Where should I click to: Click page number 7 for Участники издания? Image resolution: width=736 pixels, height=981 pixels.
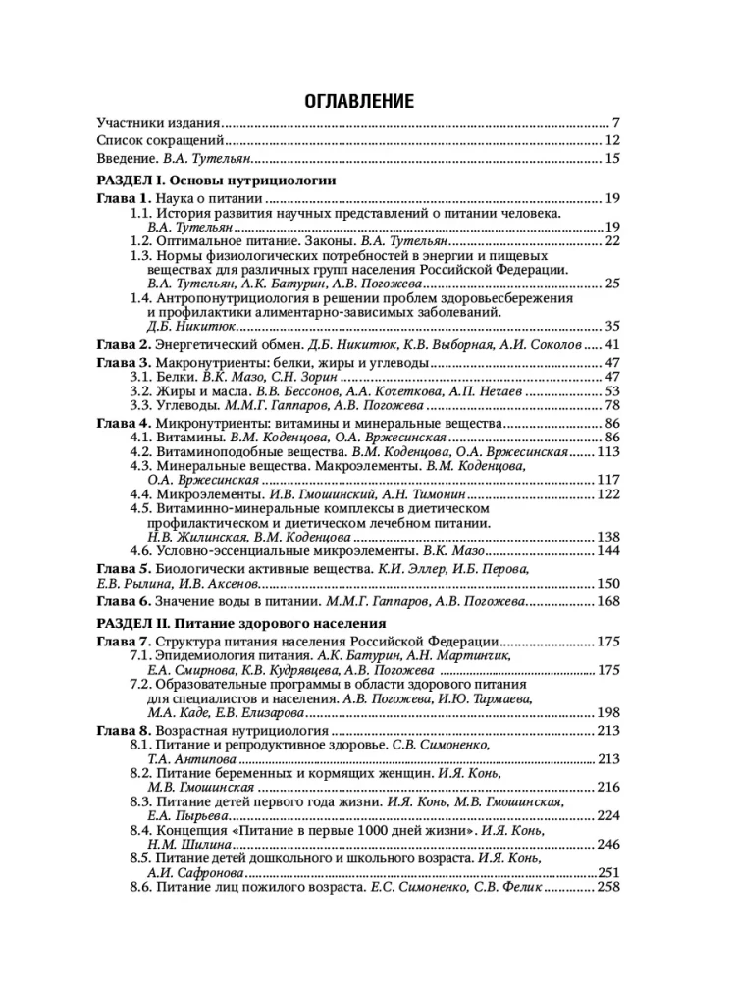pos(615,123)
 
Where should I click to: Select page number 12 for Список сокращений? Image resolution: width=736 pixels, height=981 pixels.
pos(612,140)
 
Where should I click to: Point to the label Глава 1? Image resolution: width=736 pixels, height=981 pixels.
pos(123,199)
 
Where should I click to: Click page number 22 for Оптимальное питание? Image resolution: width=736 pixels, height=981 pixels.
pos(612,240)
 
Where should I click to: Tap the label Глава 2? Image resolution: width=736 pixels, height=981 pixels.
pos(123,345)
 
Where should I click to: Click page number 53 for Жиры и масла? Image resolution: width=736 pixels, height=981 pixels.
pos(612,391)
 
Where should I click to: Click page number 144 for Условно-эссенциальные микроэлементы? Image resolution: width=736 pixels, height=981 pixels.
pos(609,552)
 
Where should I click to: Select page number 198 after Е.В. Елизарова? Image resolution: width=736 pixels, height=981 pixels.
pos(609,712)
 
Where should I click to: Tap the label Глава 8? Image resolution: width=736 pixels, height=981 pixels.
pos(123,731)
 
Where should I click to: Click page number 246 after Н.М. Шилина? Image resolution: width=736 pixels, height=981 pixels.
pos(609,845)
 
